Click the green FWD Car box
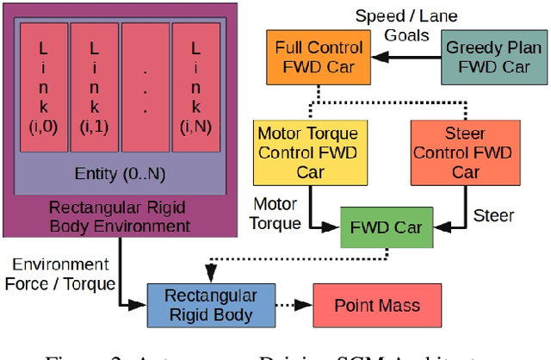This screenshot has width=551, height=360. [x=385, y=228]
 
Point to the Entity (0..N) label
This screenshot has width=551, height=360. [x=118, y=174]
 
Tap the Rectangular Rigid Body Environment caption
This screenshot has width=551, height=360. [x=118, y=216]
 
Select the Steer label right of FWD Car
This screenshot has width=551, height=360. [x=493, y=215]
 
